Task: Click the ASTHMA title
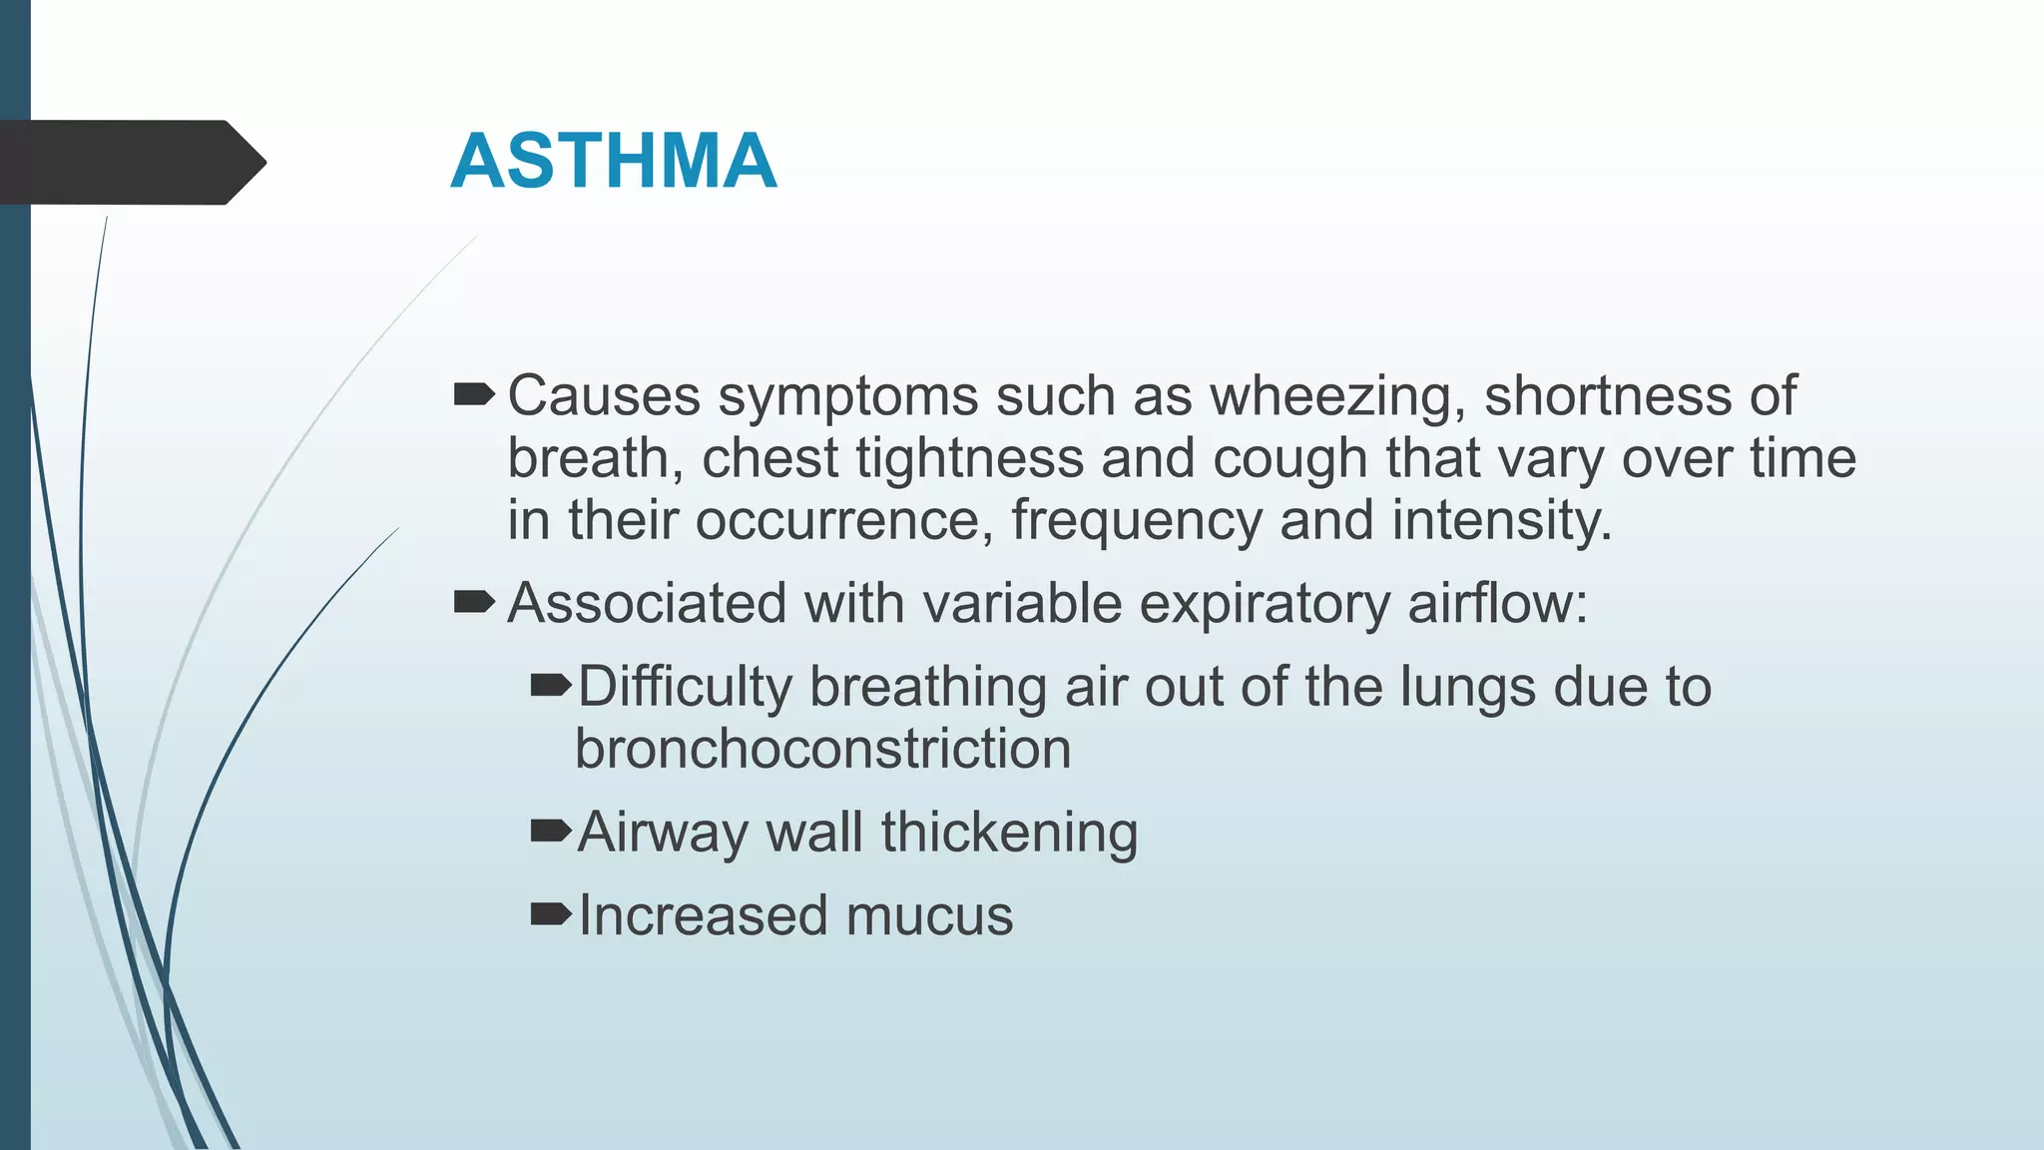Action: [613, 161]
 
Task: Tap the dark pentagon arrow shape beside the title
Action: [130, 163]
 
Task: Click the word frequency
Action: [1137, 522]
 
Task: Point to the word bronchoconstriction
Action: [822, 749]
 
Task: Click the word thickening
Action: [1009, 833]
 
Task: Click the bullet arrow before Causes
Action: [473, 395]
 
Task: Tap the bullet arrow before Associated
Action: [473, 602]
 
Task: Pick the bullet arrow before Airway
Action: [550, 830]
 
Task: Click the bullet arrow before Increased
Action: [550, 912]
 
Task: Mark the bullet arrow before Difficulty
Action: [550, 685]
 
